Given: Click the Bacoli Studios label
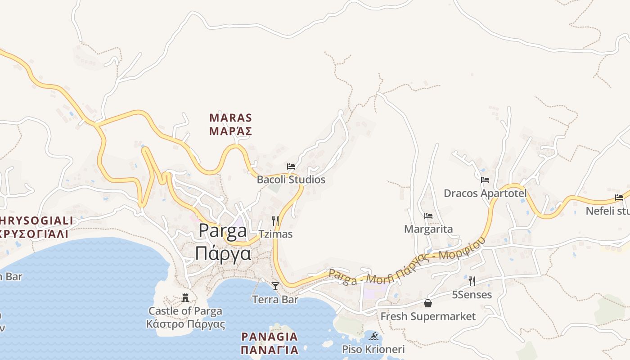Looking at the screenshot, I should coord(291,180).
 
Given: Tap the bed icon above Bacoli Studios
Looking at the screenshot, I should coord(291,166).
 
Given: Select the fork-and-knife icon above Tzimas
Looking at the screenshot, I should coord(275,220).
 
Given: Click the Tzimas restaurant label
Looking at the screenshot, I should coord(275,234).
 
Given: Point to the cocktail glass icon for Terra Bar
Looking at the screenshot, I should coord(275,286).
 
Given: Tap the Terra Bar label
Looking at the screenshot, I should coord(275,299).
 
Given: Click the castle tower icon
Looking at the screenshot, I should coord(185,297).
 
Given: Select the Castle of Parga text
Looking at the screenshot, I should coord(185,311).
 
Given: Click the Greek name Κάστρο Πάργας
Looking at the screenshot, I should coord(185,324).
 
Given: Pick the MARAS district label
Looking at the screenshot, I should coord(230,118).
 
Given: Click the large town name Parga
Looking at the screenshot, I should coord(223,230).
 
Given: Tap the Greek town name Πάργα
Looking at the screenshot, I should coord(223,253).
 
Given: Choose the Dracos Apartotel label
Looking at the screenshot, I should coord(485,193).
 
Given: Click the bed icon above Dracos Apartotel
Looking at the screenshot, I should coord(485,180).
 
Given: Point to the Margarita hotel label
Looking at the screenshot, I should coord(428,229).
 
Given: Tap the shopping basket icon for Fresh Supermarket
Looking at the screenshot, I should coord(428,303).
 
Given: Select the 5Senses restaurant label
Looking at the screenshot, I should coord(472,295).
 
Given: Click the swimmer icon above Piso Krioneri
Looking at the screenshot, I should coord(373,336).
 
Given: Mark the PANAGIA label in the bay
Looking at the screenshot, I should coord(270,337).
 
